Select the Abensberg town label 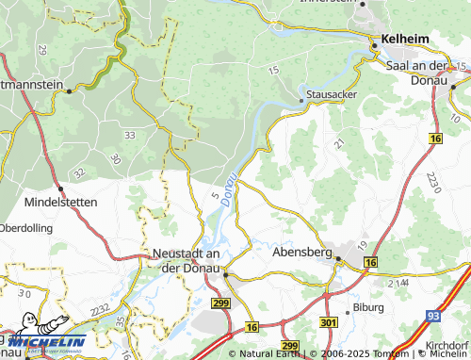(x=303, y=253)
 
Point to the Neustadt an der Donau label (x=186, y=261)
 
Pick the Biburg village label (x=368, y=307)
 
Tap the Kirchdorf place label (x=447, y=346)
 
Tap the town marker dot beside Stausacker (x=301, y=97)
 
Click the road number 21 (x=339, y=143)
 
